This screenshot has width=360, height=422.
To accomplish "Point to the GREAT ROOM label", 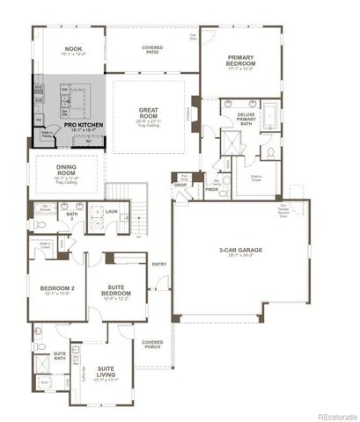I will [148, 113].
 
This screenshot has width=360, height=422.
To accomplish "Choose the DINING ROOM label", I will [67, 171].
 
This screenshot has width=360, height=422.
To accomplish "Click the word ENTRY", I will [159, 264].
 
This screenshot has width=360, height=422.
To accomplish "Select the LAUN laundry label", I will [112, 212].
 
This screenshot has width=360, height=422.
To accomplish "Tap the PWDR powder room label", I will [211, 188].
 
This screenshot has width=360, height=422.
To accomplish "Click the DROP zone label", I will [180, 185].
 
